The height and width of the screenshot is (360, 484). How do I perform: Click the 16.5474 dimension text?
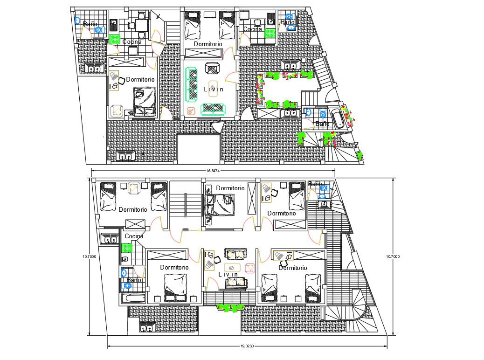[211, 170]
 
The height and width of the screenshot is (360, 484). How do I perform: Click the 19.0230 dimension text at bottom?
[247, 346]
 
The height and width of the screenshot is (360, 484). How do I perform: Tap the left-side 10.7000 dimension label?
[89, 256]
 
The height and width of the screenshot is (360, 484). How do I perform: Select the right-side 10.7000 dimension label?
[394, 256]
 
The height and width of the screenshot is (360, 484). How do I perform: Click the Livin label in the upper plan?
[214, 89]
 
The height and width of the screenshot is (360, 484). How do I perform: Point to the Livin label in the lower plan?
[228, 275]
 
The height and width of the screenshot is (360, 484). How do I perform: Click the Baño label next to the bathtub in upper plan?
[322, 124]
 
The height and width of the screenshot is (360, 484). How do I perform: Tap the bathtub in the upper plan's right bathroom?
[338, 118]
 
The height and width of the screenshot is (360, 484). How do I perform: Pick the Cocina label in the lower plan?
[134, 236]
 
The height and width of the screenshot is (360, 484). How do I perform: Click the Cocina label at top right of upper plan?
[252, 29]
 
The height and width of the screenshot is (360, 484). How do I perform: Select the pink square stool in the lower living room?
[250, 268]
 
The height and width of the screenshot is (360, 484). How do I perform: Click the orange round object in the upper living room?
[191, 111]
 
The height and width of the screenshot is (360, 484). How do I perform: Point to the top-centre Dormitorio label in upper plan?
[208, 44]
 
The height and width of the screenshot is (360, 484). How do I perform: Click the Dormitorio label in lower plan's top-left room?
[132, 209]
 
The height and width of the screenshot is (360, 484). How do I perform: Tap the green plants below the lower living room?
[231, 307]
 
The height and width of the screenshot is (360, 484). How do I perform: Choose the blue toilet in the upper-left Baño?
[98, 30]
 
